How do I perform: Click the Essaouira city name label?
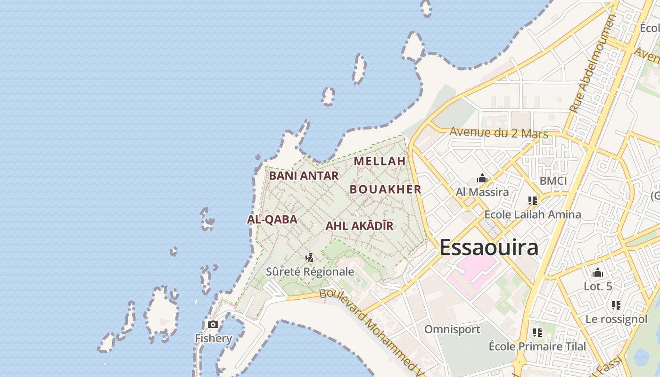(489, 248)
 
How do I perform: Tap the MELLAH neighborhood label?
(380, 161)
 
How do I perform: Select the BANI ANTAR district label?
(304, 176)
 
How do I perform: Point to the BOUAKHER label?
(385, 189)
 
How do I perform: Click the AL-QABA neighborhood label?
(272, 220)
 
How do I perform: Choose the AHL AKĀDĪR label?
(359, 226)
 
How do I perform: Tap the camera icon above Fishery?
(213, 324)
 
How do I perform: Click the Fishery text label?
(214, 338)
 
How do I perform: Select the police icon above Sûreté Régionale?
(310, 257)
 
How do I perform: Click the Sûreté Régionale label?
(310, 272)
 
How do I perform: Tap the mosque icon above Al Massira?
(482, 178)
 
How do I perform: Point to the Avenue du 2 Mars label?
(499, 132)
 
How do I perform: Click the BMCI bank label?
(553, 181)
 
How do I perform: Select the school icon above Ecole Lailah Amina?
(533, 201)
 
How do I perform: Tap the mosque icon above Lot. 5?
(598, 272)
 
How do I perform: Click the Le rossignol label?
(616, 319)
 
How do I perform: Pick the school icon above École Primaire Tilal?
(537, 333)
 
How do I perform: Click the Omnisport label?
(452, 329)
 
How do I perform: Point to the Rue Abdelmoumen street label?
(592, 64)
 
